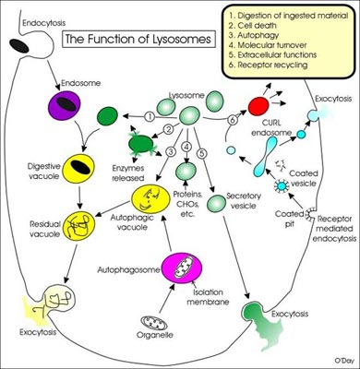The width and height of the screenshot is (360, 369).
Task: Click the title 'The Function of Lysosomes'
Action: (x=123, y=39)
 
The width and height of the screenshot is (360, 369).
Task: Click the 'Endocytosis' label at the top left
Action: (x=29, y=7)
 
